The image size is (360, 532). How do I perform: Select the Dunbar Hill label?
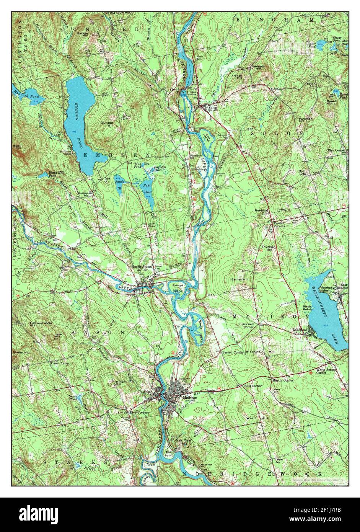click(107, 124)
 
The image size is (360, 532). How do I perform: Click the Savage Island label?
click(178, 288)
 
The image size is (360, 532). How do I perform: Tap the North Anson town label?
click(139, 267)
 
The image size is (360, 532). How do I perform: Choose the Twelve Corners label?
click(279, 225)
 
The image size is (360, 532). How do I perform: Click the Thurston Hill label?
click(269, 248)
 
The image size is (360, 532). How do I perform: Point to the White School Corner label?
click(326, 371)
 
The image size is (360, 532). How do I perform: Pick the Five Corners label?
click(139, 413)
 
